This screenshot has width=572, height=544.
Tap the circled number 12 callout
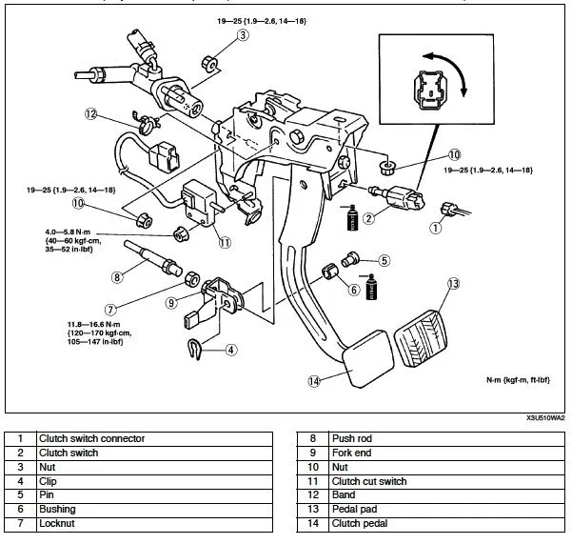(91, 114)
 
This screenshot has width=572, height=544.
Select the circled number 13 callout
(453, 284)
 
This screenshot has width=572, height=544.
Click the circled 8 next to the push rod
(117, 278)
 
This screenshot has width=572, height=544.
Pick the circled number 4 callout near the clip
(231, 350)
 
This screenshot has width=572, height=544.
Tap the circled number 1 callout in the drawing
(437, 228)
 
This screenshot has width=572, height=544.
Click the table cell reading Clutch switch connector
(91, 438)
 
